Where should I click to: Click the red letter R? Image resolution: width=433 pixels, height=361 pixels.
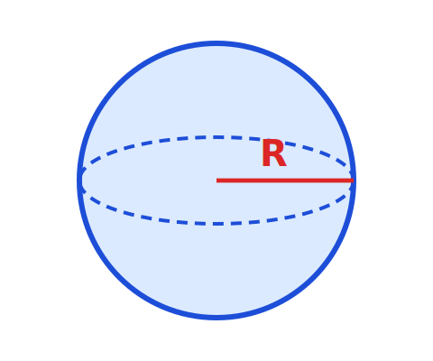click(274, 153)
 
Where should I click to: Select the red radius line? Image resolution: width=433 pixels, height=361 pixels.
click(285, 180)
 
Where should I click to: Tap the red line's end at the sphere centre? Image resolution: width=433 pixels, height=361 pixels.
click(216, 180)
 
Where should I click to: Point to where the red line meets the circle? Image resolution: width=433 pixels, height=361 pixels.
click(354, 180)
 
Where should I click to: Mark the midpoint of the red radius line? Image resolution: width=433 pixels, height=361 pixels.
click(285, 180)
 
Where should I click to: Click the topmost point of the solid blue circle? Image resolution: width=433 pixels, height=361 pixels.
click(216, 43)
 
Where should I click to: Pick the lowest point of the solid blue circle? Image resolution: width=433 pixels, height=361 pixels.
click(216, 317)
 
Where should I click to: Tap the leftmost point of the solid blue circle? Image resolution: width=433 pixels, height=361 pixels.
click(79, 180)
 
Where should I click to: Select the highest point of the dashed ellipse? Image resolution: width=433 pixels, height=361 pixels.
click(216, 137)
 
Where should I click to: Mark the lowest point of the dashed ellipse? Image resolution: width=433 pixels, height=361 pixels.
click(216, 224)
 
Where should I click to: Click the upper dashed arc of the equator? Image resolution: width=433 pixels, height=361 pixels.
click(216, 137)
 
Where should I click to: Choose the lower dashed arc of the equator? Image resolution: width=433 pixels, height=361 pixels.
click(216, 224)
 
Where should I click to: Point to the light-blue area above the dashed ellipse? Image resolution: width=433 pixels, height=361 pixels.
click(216, 90)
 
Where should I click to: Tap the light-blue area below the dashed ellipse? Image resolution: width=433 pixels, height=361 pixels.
click(216, 271)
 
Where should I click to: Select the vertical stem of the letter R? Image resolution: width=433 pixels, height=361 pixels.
click(265, 153)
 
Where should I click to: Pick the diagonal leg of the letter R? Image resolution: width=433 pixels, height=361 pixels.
click(281, 161)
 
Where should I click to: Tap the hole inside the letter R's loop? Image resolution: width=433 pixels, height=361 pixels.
click(274, 148)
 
